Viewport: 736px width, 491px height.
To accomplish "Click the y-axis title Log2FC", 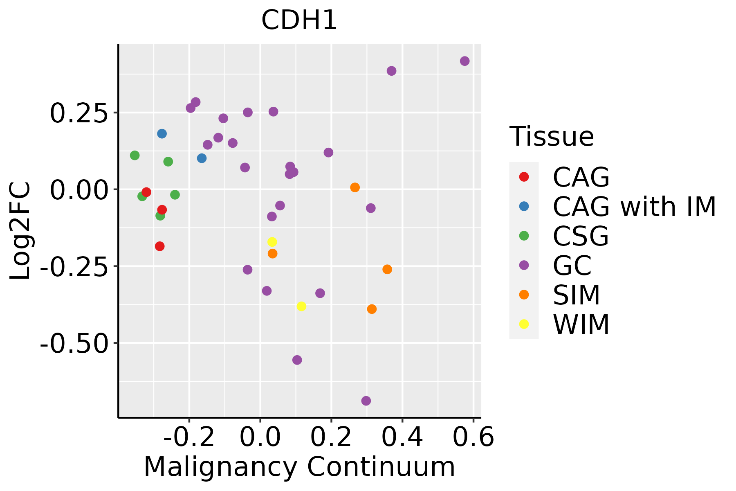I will point(20,231).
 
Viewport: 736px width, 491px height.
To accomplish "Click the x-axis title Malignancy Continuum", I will point(299,467).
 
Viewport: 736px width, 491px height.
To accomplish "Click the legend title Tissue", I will point(552,137).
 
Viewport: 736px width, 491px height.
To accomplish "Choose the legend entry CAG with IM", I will point(634,207).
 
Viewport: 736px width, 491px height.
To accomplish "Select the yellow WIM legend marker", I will point(524,324).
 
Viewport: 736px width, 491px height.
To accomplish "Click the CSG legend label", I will point(581,236).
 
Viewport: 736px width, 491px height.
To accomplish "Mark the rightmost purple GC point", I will point(464,61).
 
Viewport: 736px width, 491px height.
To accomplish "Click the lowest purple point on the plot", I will point(366,401).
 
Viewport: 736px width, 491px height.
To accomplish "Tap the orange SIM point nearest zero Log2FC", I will point(355,187).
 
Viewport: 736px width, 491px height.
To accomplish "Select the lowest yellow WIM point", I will point(301,306).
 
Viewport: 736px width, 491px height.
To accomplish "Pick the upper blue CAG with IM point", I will point(162,134).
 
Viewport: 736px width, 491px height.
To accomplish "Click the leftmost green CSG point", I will point(135,155).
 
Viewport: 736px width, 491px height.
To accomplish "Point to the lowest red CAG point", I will point(160,246).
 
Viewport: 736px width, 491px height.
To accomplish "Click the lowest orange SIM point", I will point(372,309).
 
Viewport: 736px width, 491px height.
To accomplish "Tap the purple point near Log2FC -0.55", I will point(297,360).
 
